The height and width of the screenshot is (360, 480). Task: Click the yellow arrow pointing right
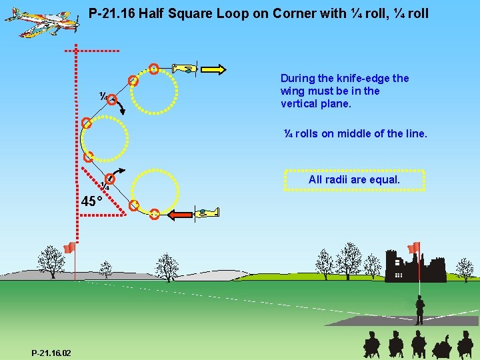click(x=213, y=69)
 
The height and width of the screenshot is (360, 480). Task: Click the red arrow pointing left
click(x=179, y=215)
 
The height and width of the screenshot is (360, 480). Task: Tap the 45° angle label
click(x=91, y=201)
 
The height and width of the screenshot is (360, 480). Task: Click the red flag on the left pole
click(x=69, y=248)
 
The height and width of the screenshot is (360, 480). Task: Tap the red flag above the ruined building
click(x=414, y=247)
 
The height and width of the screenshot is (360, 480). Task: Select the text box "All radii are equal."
click(x=354, y=180)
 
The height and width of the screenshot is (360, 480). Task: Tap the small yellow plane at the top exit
click(x=185, y=68)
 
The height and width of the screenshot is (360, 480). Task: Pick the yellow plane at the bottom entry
click(x=207, y=213)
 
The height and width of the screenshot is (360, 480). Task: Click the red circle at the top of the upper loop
click(x=154, y=68)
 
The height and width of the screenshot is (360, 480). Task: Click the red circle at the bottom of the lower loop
click(x=154, y=214)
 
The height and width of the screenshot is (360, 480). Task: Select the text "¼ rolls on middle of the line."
click(x=355, y=133)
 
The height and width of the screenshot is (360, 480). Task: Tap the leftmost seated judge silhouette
click(x=371, y=345)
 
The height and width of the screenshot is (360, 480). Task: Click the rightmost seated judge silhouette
click(x=465, y=345)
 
